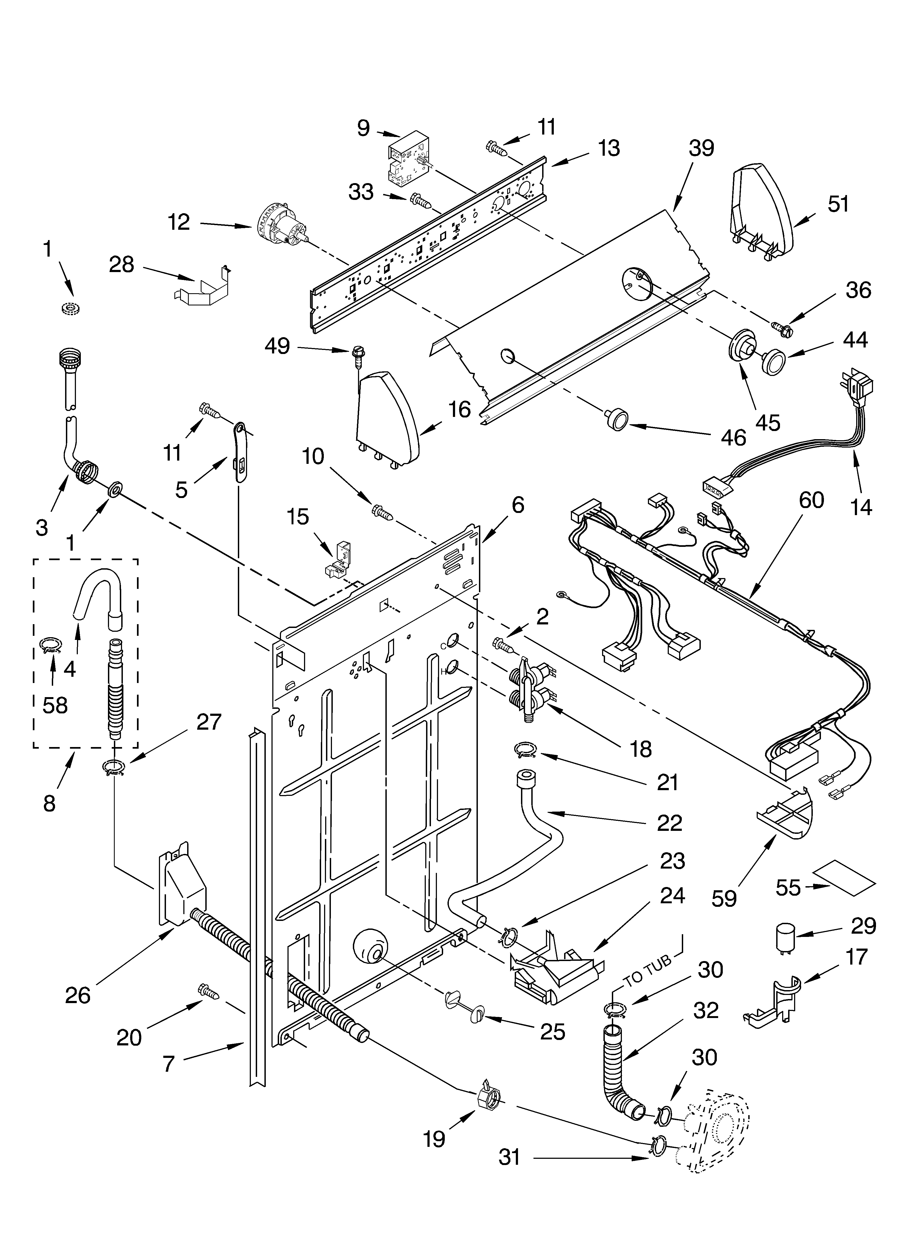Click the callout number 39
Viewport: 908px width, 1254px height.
coord(701,148)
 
